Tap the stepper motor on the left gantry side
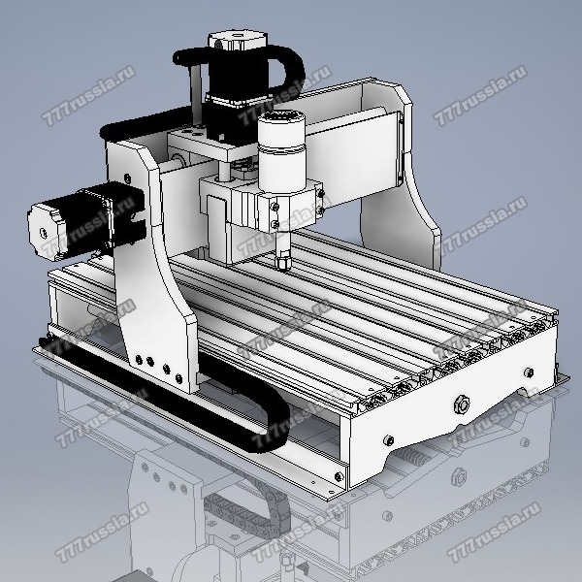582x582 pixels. (86, 222)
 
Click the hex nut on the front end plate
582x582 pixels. (462, 404)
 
